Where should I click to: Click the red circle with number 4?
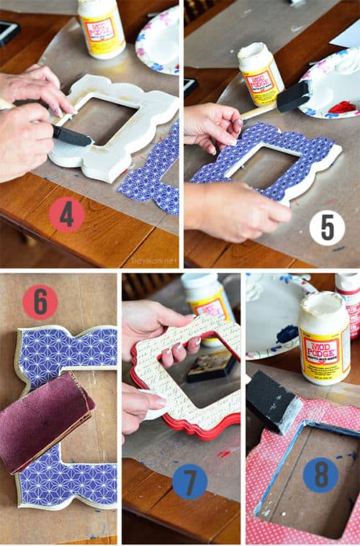pos(67,215)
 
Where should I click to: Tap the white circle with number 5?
pos(327,228)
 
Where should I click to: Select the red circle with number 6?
pos(40,302)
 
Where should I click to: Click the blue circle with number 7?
pos(190,481)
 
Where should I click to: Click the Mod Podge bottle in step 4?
pos(101,27)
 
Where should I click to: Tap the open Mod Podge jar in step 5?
pos(260,74)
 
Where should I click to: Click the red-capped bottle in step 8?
pos(348,302)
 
